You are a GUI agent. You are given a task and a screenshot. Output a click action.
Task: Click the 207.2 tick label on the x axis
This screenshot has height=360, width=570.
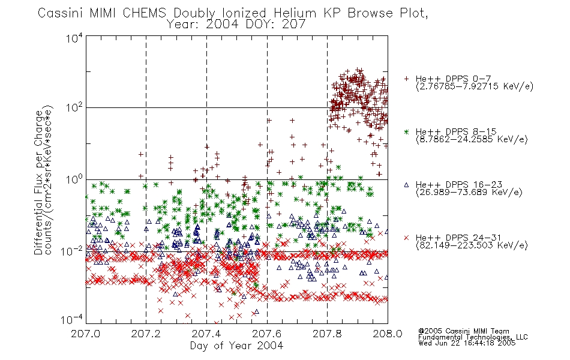click(146, 334)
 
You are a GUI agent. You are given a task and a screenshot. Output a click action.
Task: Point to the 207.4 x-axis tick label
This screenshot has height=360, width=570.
click(206, 334)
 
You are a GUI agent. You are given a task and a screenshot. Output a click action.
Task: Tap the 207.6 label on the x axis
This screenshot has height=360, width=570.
click(266, 334)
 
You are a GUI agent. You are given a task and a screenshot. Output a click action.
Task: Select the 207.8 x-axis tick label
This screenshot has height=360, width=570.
click(327, 334)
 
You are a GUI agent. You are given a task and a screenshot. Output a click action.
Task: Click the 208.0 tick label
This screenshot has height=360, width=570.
click(388, 334)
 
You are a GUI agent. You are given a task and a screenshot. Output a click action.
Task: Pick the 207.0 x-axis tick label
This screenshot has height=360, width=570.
click(85, 334)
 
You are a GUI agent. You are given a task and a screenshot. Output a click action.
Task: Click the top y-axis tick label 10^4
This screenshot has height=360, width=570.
click(74, 38)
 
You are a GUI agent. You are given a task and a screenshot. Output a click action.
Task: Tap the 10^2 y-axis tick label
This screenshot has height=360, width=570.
click(74, 107)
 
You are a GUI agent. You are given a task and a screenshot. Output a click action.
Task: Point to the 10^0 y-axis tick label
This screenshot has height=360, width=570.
click(74, 179)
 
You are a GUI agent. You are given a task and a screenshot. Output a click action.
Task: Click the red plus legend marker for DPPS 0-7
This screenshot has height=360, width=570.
click(406, 79)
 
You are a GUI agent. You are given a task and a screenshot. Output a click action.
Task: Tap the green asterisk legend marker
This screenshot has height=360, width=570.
click(406, 131)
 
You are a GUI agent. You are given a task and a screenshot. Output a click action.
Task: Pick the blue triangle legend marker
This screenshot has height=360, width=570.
click(406, 185)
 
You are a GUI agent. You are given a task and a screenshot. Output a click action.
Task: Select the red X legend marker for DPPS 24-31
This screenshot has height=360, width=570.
click(406, 238)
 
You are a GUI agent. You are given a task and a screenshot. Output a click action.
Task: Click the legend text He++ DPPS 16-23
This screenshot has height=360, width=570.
click(459, 185)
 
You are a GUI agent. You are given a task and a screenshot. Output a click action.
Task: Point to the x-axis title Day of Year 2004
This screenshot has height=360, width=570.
click(236, 346)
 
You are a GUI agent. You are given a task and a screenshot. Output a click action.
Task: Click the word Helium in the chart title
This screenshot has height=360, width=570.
click(295, 13)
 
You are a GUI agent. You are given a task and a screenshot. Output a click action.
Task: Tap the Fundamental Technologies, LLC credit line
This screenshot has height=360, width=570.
click(473, 337)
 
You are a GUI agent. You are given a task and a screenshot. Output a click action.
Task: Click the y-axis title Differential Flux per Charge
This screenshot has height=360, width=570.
click(38, 182)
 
